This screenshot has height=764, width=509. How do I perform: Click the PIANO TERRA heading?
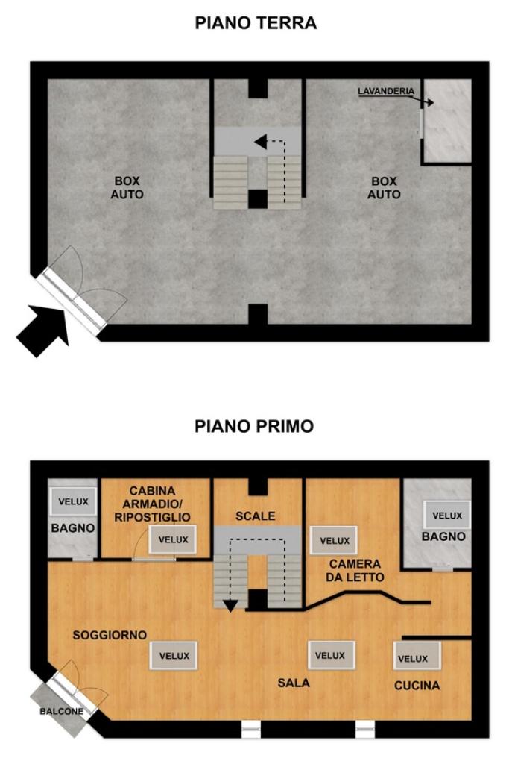256,23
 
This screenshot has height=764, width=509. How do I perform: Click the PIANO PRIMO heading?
254,426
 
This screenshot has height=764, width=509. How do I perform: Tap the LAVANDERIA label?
386,91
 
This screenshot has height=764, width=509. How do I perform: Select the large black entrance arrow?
42,330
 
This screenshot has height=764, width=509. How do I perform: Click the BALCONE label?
61,711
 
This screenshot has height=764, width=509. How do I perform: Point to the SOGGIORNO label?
110,635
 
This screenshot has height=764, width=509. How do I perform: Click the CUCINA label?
417,686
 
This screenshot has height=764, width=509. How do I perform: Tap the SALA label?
294,683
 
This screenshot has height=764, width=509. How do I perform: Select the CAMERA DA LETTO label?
355,571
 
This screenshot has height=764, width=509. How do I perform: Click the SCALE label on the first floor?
256,516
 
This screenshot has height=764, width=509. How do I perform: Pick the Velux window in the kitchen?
417,656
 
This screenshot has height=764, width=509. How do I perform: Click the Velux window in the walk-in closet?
173,539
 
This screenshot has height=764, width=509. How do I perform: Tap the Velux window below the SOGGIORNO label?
174,656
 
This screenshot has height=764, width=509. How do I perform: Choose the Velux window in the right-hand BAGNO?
447,515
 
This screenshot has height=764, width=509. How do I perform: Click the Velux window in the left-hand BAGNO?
74,501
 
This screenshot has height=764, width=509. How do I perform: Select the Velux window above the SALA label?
330,655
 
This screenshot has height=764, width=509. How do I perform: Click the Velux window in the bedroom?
335,541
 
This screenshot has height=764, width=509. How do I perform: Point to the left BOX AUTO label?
127,187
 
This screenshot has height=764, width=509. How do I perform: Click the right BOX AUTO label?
384,187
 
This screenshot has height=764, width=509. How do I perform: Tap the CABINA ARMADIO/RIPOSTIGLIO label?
152,504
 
